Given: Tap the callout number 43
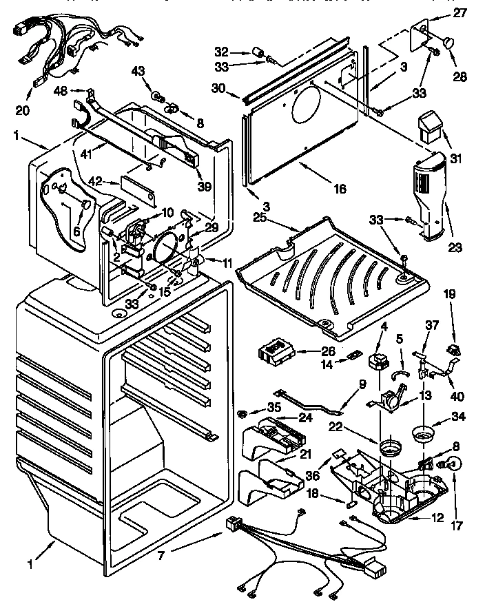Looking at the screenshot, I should [x=138, y=71].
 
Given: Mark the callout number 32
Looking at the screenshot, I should [x=220, y=51].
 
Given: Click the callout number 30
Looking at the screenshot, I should [x=218, y=88].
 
